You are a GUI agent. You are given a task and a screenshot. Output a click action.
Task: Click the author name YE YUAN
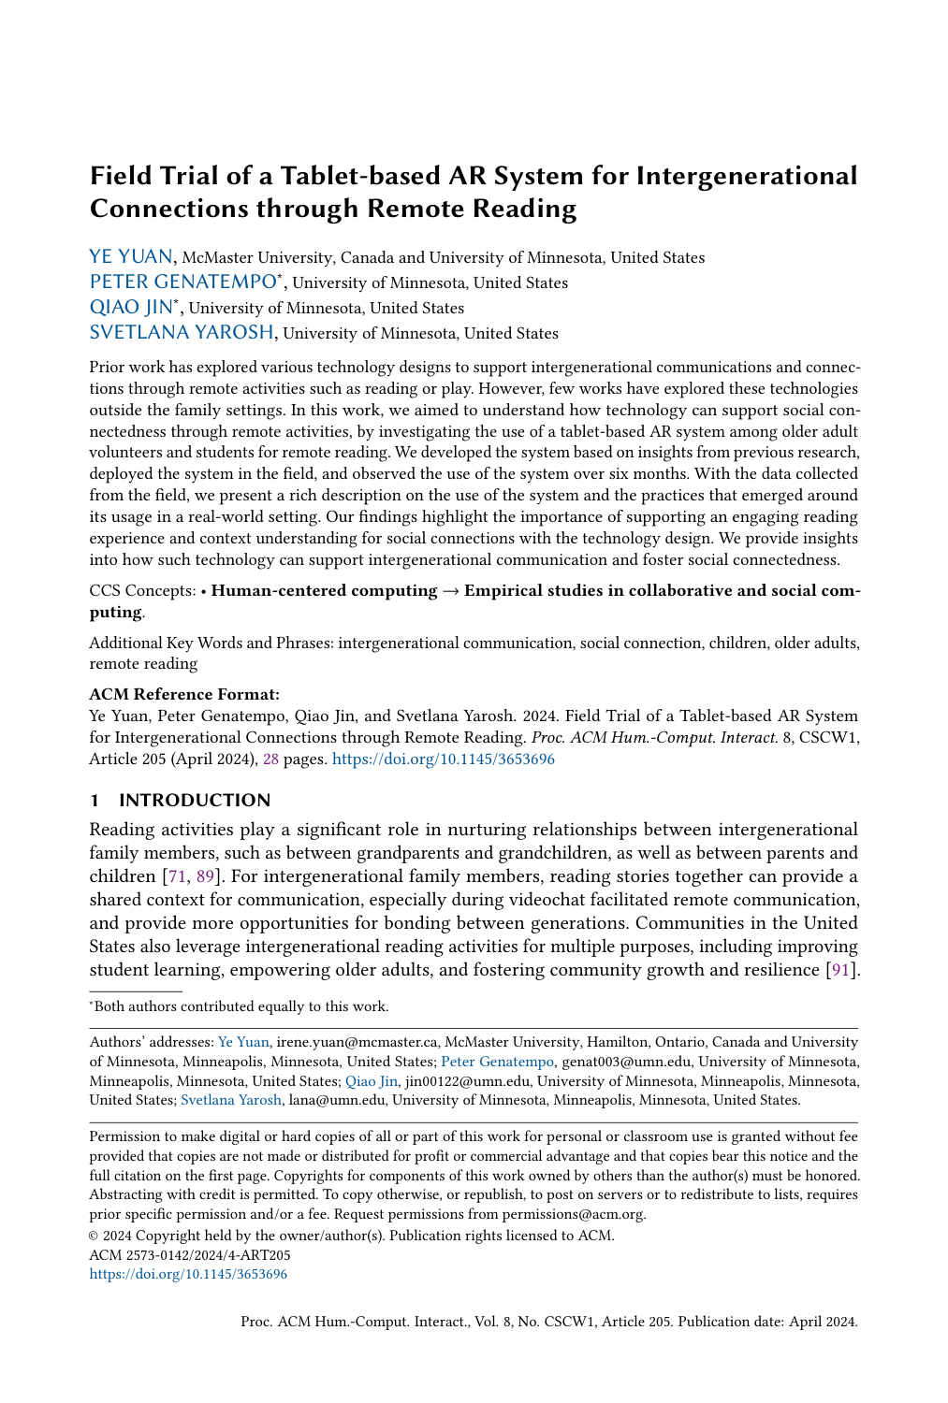click(x=130, y=257)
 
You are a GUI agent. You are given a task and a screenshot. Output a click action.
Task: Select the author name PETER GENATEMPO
click(x=182, y=282)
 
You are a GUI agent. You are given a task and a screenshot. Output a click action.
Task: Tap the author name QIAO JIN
click(x=131, y=308)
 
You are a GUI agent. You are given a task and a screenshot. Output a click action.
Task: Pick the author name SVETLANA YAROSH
click(x=182, y=333)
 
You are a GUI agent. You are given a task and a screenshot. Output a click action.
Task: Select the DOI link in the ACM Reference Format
click(x=444, y=759)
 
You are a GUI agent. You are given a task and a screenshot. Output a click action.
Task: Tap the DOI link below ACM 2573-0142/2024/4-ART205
click(x=188, y=1274)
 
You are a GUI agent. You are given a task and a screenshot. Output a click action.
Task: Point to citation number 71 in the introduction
click(x=174, y=876)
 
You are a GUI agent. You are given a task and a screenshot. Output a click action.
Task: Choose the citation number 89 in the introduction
click(x=205, y=876)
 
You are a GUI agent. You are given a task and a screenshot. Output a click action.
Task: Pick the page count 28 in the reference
click(x=270, y=759)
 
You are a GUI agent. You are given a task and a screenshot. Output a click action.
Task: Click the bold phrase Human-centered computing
click(x=324, y=591)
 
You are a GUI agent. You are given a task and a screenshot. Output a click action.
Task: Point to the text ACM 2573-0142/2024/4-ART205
click(x=189, y=1255)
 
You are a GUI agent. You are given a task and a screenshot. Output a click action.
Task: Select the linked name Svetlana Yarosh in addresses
click(x=230, y=1100)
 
